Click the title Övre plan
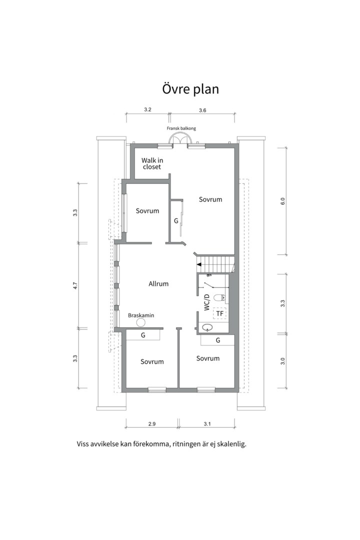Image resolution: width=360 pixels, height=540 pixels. (x=190, y=89)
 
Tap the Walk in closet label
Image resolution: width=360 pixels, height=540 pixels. (x=152, y=163)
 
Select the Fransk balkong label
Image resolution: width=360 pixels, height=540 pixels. (x=181, y=128)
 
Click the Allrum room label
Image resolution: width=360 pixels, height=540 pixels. (x=158, y=284)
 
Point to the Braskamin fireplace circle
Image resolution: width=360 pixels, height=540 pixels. (x=140, y=322)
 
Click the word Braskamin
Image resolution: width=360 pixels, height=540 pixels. (x=141, y=315)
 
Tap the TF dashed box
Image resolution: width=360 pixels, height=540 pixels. (x=219, y=313)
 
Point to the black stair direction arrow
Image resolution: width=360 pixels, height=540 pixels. (x=199, y=264)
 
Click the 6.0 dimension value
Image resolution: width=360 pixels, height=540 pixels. (x=283, y=201)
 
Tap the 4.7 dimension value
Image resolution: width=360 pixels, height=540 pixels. (x=75, y=285)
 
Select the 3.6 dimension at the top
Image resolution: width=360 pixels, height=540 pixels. (x=202, y=110)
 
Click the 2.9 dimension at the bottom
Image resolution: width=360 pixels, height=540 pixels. (x=152, y=424)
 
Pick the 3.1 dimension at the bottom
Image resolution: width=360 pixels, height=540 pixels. (x=207, y=424)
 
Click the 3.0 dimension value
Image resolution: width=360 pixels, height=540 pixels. (x=283, y=361)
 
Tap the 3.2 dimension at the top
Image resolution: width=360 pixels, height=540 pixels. (x=148, y=109)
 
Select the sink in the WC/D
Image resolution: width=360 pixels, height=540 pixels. (x=206, y=327)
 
